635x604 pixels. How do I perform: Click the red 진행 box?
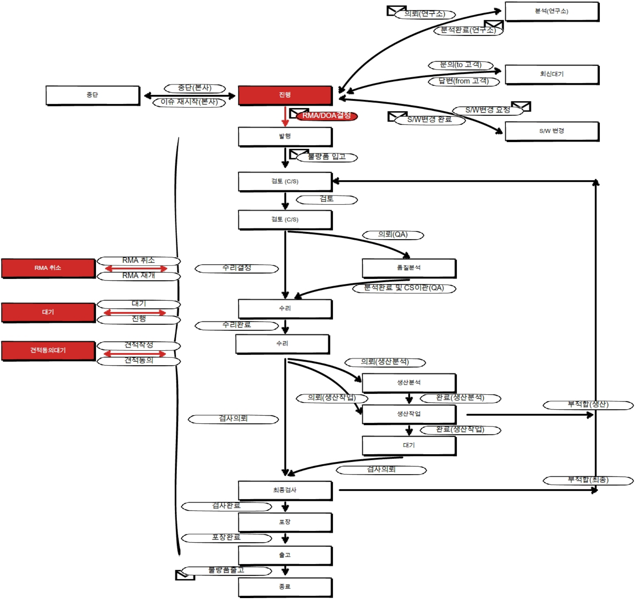pyautogui.click(x=285, y=95)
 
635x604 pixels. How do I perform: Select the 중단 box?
pyautogui.click(x=93, y=95)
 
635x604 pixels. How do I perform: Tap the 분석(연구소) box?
pyautogui.click(x=552, y=11)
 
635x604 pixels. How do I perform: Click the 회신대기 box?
pyautogui.click(x=552, y=74)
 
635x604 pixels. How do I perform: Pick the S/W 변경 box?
pyautogui.click(x=552, y=131)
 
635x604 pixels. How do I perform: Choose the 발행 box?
pyautogui.click(x=285, y=136)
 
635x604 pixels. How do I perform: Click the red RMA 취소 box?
pyautogui.click(x=48, y=268)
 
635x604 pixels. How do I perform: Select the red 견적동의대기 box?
pyautogui.click(x=48, y=350)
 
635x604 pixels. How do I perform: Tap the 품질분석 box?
pyautogui.click(x=409, y=268)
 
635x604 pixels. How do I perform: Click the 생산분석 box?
pyautogui.click(x=409, y=382)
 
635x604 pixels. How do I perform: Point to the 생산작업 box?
pyautogui.click(x=409, y=414)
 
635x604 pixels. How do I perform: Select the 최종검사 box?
pyautogui.click(x=285, y=490)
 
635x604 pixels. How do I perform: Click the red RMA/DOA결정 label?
pyautogui.click(x=327, y=116)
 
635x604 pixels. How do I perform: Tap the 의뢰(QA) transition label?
pyautogui.click(x=393, y=235)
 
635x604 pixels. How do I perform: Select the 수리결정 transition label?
pyautogui.click(x=237, y=268)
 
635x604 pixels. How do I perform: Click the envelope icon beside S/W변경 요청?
pyautogui.click(x=522, y=106)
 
